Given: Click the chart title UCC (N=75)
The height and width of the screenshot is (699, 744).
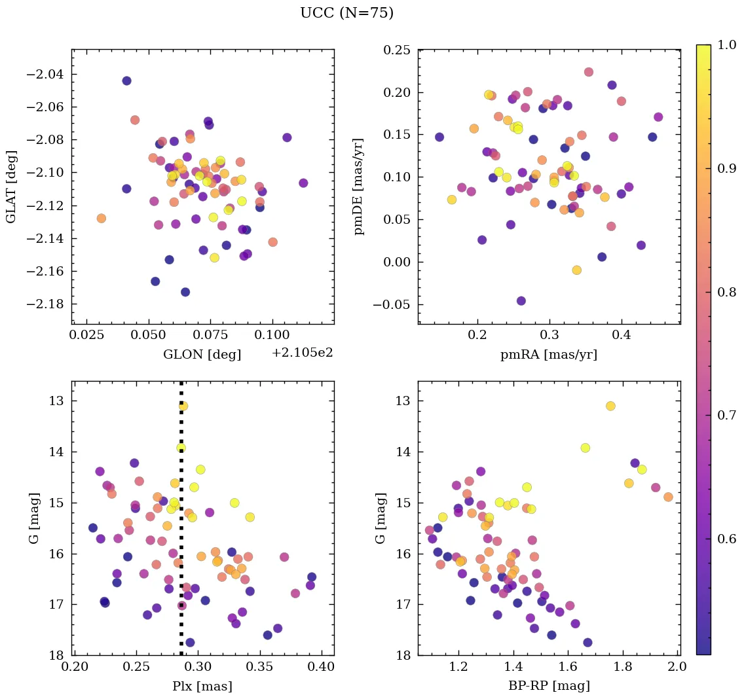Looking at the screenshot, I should tap(346, 13).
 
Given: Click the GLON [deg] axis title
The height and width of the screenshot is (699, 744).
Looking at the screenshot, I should tap(202, 355).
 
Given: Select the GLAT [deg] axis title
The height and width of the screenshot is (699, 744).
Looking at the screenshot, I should tap(12, 187).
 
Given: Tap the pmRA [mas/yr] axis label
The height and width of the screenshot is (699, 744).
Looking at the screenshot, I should tap(549, 355).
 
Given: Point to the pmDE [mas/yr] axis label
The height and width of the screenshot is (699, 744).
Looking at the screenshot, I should tap(358, 187).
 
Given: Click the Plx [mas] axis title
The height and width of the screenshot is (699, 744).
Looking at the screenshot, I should tap(202, 686).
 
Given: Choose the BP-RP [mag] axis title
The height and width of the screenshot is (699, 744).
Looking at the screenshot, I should tap(549, 686).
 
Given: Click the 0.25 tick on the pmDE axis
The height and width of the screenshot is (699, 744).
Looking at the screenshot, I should tap(396, 50).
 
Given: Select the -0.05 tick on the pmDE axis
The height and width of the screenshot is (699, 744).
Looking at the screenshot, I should tap(393, 304).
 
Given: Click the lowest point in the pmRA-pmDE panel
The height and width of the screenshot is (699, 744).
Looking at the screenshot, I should tap(521, 301).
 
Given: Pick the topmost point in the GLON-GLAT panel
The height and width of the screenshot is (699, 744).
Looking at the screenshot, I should tap(126, 81).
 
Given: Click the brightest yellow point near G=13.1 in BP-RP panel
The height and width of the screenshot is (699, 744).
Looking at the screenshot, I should tap(610, 406).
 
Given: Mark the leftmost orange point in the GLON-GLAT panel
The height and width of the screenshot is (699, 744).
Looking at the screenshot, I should tap(101, 218).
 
